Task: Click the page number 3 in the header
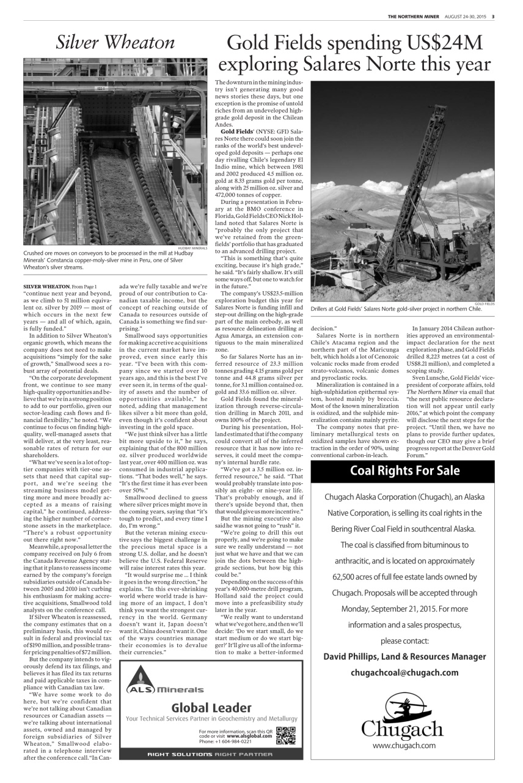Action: click(x=493, y=16)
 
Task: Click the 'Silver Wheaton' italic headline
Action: click(x=115, y=43)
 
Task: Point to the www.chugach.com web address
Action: click(x=404, y=745)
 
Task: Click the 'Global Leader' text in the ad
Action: click(x=211, y=707)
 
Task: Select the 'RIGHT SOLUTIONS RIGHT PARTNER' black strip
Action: click(x=211, y=754)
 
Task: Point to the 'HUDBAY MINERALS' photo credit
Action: click(x=193, y=248)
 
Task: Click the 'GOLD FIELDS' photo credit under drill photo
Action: click(x=484, y=303)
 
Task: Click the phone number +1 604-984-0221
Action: click(x=225, y=741)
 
